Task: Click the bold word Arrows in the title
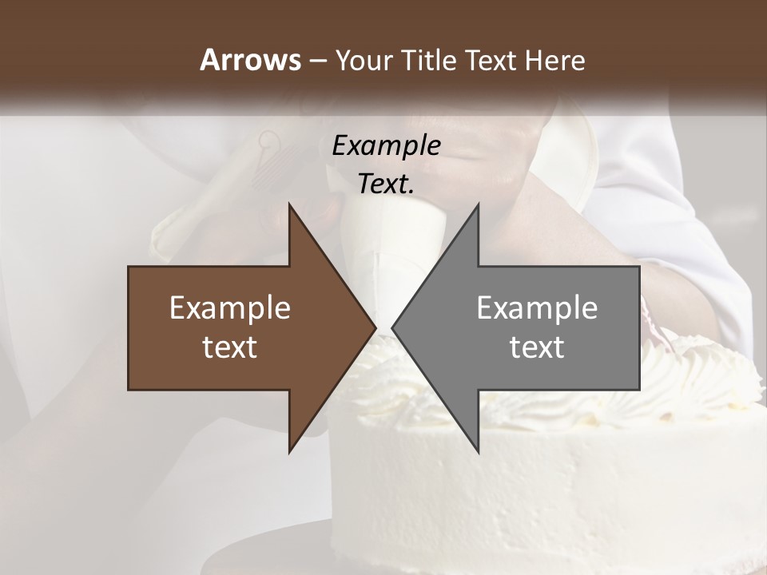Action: (x=249, y=60)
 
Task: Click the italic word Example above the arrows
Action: (x=386, y=146)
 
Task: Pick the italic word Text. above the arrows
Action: (x=386, y=184)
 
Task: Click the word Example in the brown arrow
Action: (x=230, y=308)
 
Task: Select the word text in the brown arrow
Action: (x=230, y=347)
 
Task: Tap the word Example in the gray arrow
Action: (x=537, y=308)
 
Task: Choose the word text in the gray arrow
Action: (x=537, y=347)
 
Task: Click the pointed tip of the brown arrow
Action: (x=374, y=327)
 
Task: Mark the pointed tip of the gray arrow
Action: (x=393, y=327)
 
